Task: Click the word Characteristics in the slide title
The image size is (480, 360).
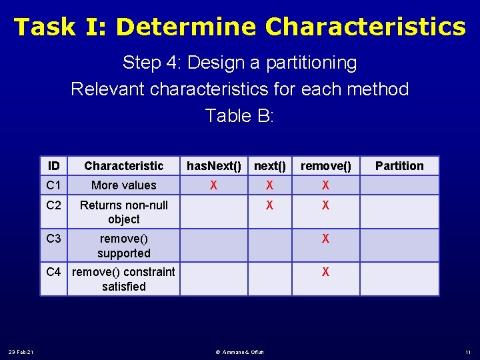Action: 365,27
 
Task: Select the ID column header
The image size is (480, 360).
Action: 54,165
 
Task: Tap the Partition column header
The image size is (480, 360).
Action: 399,165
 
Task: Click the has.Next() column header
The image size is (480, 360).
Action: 213,165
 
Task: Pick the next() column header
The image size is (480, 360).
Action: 269,165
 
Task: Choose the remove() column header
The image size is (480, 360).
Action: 325,165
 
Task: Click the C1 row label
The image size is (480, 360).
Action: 54,185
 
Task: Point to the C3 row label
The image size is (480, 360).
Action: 54,239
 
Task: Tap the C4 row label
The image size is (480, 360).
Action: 54,272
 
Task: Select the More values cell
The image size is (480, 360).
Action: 123,185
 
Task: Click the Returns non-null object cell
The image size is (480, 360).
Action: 123,212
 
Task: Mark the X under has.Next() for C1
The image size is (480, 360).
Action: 213,185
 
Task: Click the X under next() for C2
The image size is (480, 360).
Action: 269,205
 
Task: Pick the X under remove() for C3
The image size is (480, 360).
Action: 325,239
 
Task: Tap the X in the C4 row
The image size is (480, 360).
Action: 325,272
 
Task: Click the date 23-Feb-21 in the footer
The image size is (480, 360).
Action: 21,352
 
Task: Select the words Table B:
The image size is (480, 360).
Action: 239,115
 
